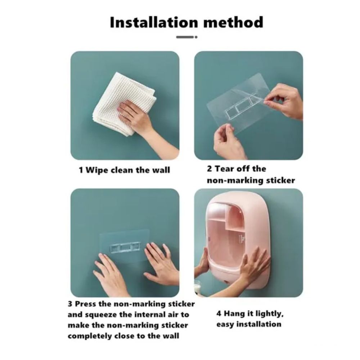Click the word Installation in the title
(154, 22)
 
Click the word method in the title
(233, 22)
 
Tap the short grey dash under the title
(185, 37)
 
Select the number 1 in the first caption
(81, 170)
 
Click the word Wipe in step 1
(97, 170)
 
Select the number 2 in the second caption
(209, 169)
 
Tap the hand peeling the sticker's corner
(285, 101)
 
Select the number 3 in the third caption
(70, 304)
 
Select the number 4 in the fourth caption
(219, 314)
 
